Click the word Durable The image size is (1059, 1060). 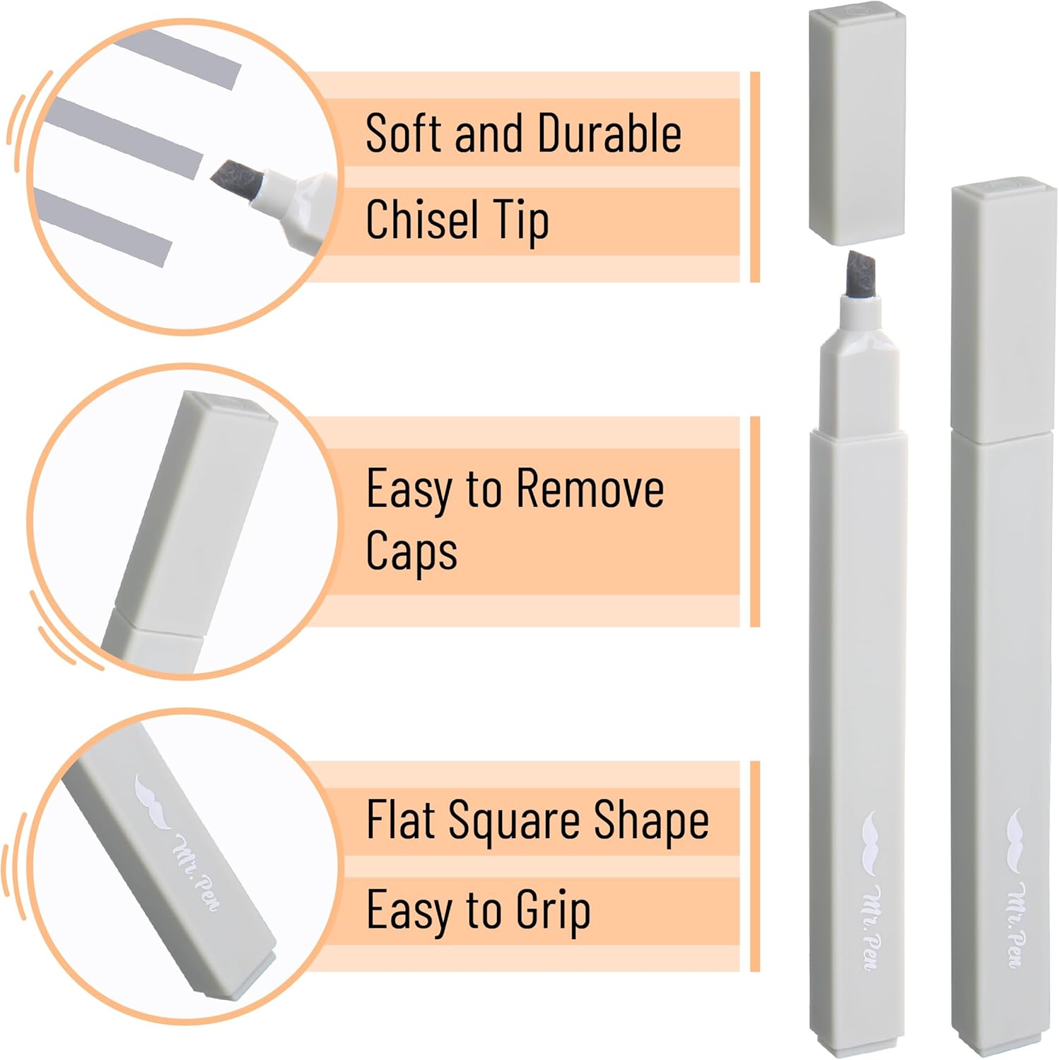[609, 133]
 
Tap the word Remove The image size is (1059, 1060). [590, 488]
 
